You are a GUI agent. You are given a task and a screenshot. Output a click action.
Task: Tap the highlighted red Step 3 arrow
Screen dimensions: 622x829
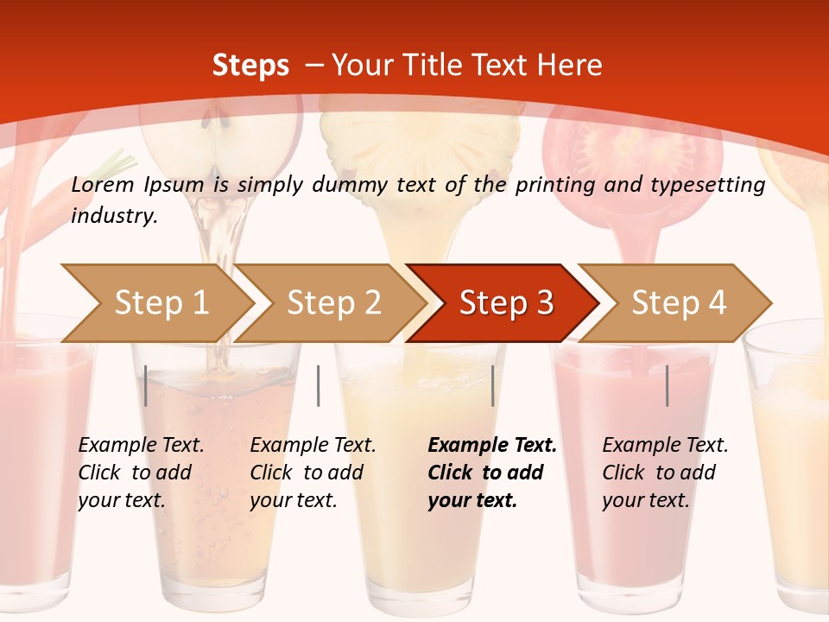point(506,302)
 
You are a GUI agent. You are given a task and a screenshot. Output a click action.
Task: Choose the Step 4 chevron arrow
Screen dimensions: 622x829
point(679,302)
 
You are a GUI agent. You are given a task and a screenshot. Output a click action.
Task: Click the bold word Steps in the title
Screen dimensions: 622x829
point(250,65)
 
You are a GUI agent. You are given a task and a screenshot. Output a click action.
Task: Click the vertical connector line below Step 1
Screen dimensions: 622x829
point(146,385)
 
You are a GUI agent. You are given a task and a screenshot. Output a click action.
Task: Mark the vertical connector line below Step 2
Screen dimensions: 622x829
point(319,385)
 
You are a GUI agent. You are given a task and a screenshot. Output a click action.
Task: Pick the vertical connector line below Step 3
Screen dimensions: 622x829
point(493,385)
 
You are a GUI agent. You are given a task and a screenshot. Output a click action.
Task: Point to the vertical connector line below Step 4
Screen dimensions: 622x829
point(668,385)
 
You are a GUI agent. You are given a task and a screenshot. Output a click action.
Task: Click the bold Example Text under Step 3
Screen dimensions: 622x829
point(492,446)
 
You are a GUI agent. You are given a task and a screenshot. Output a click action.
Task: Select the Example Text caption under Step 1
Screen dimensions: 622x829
point(141,446)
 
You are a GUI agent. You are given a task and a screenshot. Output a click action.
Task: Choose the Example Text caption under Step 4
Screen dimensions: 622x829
point(665,446)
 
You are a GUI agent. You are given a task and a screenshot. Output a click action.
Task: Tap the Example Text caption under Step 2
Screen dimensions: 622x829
point(313,446)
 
